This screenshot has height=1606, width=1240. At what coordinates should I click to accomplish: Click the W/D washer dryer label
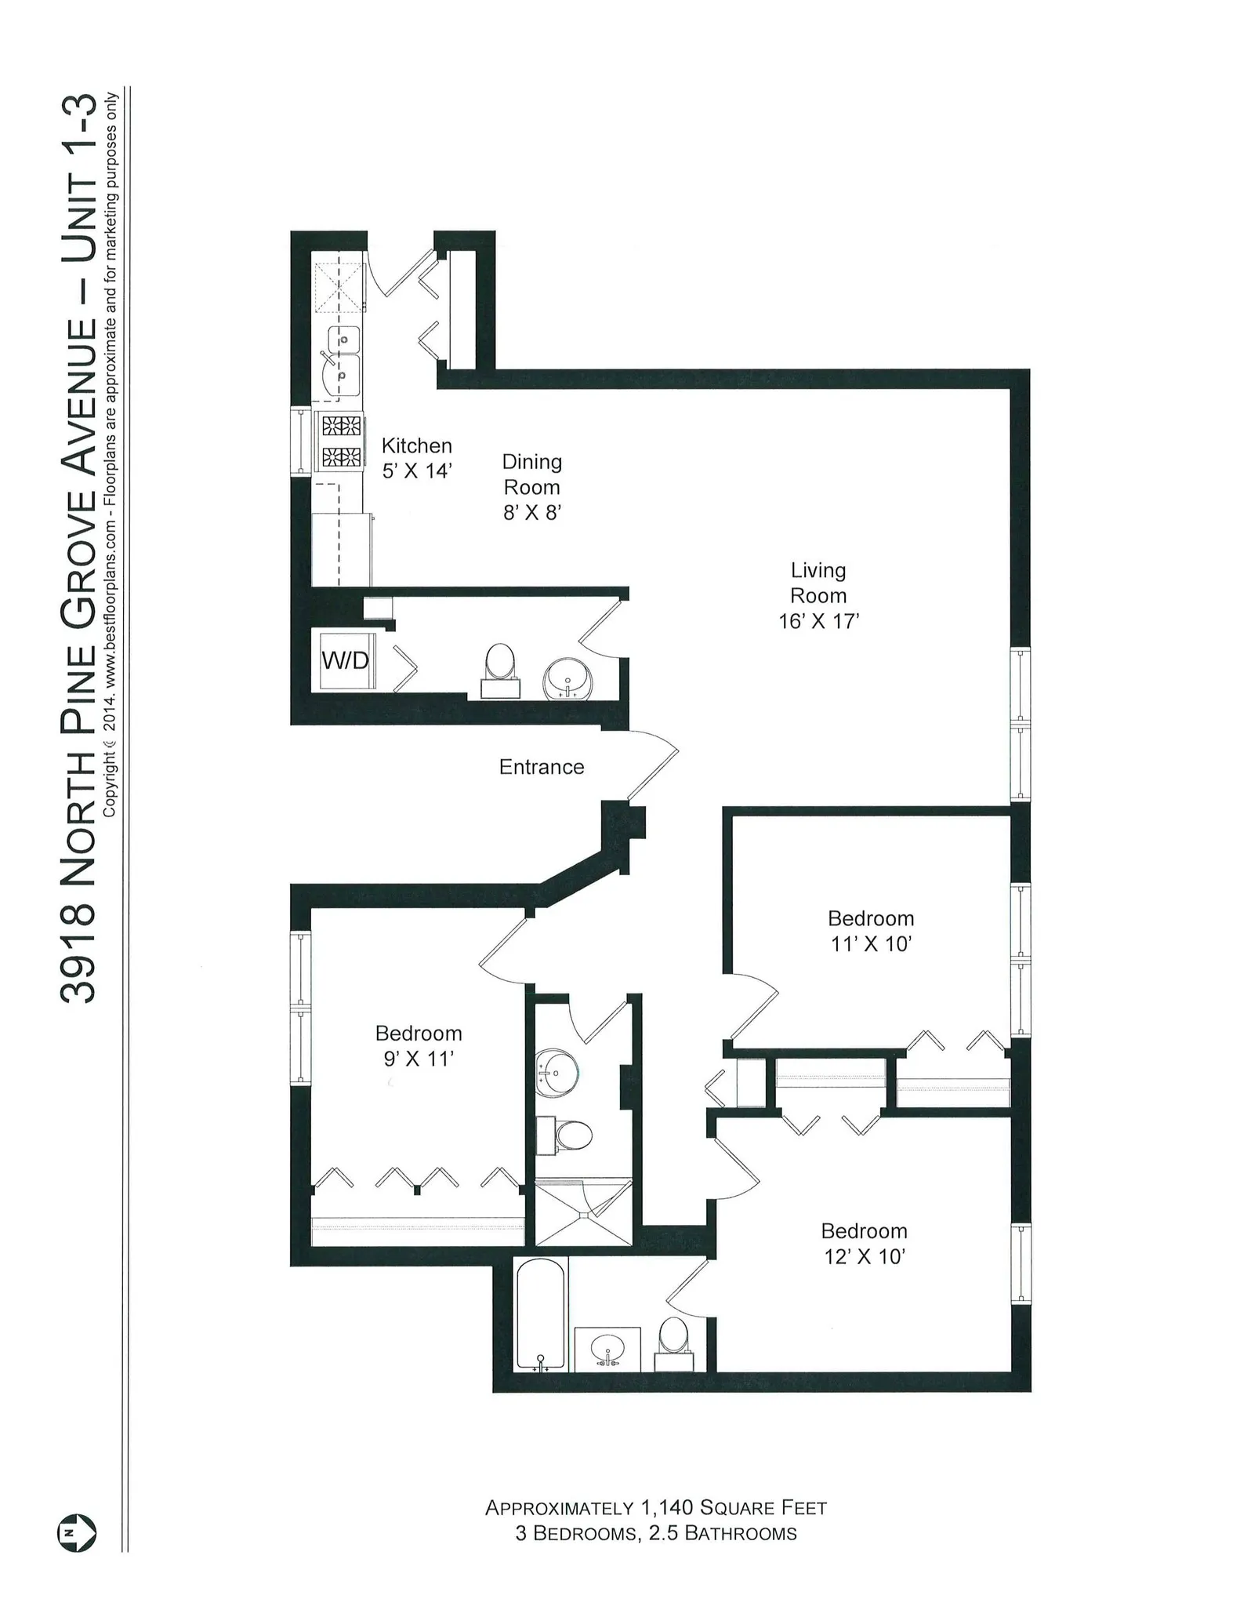[x=345, y=660]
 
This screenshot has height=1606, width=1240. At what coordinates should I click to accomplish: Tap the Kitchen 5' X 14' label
[x=416, y=458]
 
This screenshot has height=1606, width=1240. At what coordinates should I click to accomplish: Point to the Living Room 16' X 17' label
[x=818, y=595]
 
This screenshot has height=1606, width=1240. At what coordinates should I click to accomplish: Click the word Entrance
[x=542, y=767]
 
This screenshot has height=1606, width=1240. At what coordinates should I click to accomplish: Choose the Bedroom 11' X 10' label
[x=870, y=931]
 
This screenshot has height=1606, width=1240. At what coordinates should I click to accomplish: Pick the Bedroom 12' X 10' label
[x=864, y=1244]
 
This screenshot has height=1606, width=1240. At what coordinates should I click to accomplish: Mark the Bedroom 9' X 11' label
[x=419, y=1046]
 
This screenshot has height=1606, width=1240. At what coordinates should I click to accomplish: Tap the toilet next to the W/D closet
[x=500, y=666]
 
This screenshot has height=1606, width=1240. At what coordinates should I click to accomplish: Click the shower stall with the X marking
[x=582, y=1212]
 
